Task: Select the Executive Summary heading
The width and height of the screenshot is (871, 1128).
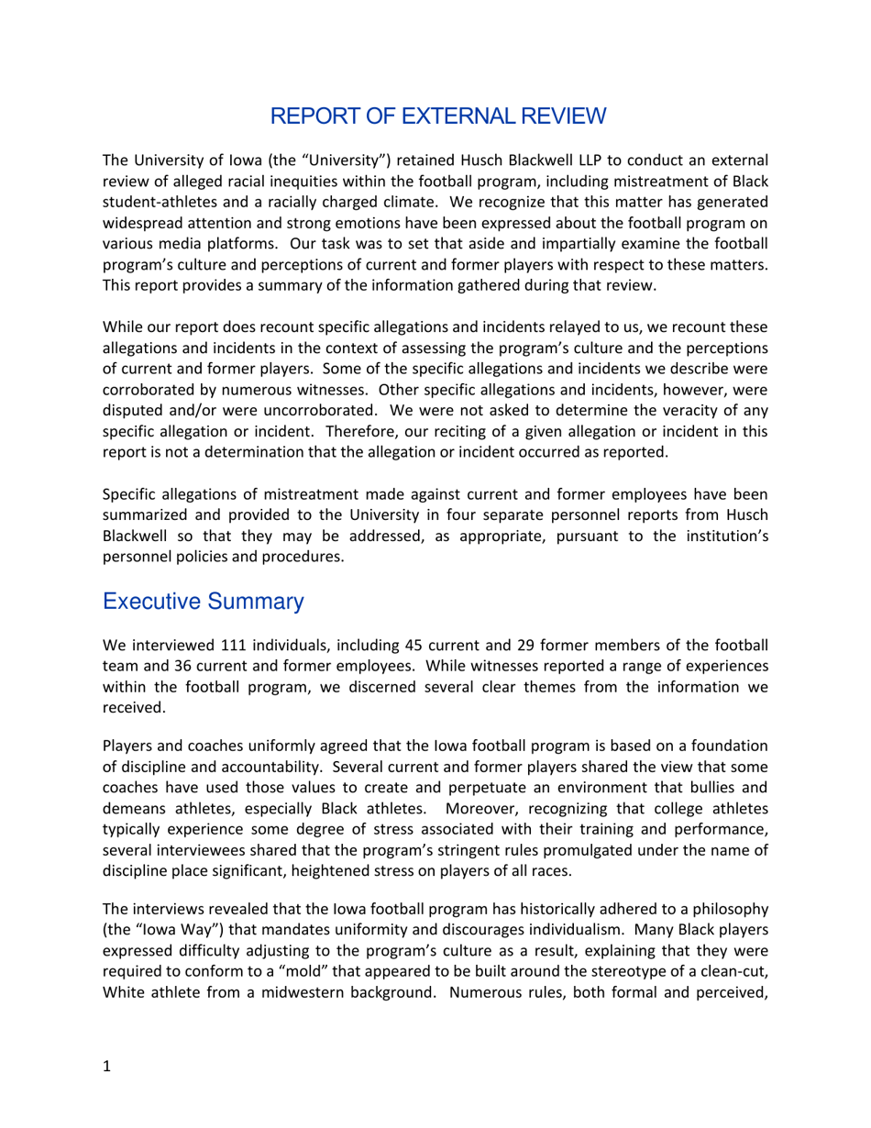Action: (x=203, y=602)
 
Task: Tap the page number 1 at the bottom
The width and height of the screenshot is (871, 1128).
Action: (x=107, y=1066)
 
